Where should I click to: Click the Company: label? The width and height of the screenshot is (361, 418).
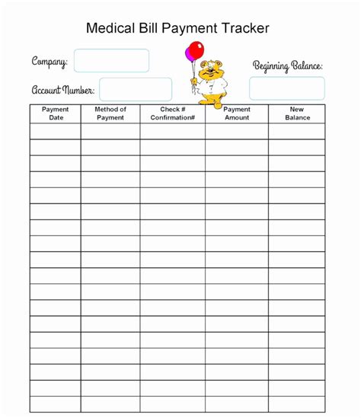tap(50, 62)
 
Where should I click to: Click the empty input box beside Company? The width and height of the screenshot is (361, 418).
tap(111, 61)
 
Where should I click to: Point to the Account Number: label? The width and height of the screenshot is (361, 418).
tap(62, 90)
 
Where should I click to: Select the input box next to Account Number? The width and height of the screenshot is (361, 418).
tap(136, 89)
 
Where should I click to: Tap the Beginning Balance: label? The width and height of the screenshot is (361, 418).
tap(287, 66)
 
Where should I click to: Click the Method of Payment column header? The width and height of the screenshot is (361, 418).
tap(110, 113)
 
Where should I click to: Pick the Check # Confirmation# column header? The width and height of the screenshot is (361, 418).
tap(173, 113)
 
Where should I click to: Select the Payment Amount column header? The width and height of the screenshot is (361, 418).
tap(237, 113)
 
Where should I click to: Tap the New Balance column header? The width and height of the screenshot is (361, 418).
tap(297, 113)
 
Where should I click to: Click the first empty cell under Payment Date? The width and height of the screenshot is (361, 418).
tap(56, 131)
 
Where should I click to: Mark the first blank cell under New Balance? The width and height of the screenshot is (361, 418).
tap(297, 131)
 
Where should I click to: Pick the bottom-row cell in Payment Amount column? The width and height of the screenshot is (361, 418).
tap(237, 404)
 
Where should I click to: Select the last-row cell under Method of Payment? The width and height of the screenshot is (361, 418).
tap(110, 404)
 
